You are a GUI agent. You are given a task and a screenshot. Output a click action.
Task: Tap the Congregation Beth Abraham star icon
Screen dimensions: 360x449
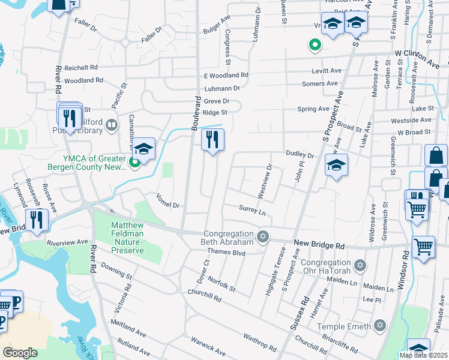coord(262,237)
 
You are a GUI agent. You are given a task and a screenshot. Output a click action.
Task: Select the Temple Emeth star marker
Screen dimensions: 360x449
coord(379,325)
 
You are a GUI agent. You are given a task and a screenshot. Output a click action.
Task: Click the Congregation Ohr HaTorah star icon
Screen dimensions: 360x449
coord(360,265)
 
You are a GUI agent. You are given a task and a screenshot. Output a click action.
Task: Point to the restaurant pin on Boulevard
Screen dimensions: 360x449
coord(212,140)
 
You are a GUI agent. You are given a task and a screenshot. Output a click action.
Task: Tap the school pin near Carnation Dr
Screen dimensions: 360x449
coord(144,149)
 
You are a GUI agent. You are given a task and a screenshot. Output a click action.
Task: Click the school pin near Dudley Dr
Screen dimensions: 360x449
coord(337,165)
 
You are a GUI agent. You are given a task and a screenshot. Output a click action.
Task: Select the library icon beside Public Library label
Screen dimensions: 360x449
coord(111,125)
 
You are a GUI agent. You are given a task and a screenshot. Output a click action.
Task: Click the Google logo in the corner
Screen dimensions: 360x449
coord(20,352)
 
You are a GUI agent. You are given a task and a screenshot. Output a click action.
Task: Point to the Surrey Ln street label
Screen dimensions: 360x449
coord(252,212)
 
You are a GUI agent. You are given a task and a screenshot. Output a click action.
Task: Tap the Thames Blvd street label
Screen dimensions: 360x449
coord(231,253)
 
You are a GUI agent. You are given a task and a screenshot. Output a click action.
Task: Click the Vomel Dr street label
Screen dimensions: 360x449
coord(167,200)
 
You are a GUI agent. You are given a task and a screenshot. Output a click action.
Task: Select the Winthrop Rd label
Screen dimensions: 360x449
coord(259,343)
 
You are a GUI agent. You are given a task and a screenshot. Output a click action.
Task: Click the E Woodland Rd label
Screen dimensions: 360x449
coord(226,76)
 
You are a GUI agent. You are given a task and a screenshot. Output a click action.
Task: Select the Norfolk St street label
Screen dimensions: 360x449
coord(222,284)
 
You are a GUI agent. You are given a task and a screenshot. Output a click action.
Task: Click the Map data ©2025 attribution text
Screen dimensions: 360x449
coord(423,355)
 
